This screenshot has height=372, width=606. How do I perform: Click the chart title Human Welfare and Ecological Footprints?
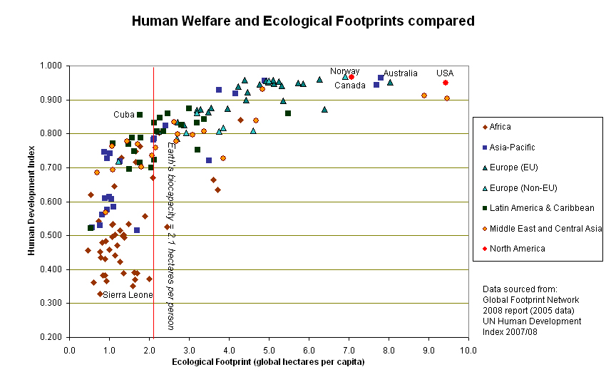pos(303,21)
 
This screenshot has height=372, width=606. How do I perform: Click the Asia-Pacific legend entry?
pos(512,147)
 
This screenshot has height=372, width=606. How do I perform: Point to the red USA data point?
pos(446,83)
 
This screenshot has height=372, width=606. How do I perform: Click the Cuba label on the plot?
pos(124,115)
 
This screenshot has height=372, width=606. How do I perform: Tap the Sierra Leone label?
pos(128,295)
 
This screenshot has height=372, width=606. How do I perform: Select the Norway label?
pos(344,71)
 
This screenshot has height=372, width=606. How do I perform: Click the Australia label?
pos(400,73)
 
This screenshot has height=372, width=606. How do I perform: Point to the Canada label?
pos(350,86)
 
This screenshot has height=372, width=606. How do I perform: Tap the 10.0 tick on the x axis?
pos(468,350)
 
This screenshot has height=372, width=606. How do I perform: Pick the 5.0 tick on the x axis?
pos(269,350)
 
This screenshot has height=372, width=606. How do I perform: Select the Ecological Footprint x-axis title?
pos(268,362)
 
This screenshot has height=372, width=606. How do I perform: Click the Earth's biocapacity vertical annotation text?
pos(170,235)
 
